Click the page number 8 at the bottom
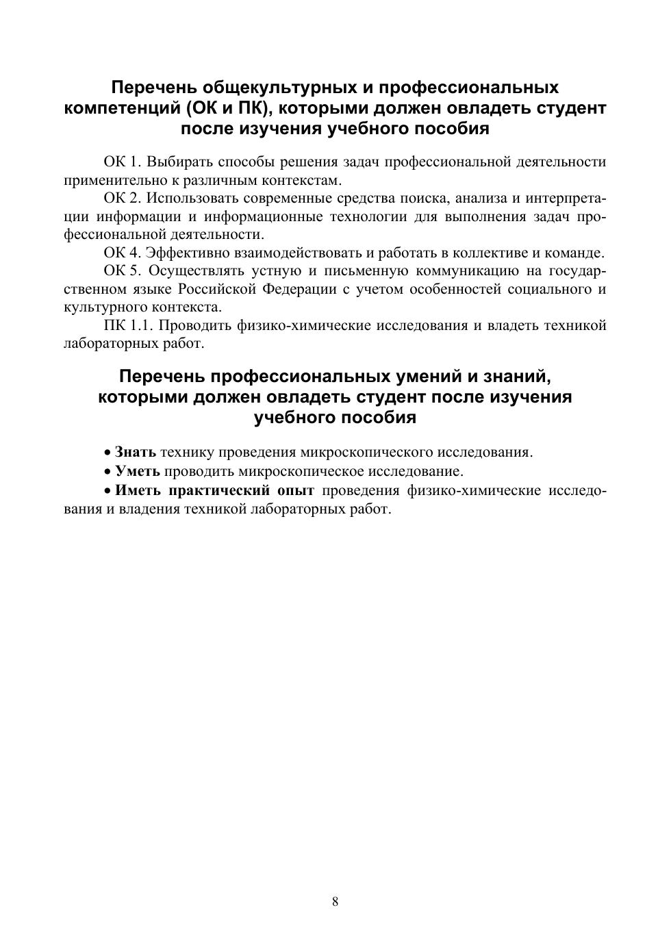coord(335,901)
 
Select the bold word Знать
coord(136,452)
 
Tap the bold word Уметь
coord(138,471)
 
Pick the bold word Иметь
coord(138,490)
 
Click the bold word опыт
coord(296,490)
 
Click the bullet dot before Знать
coord(107,453)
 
